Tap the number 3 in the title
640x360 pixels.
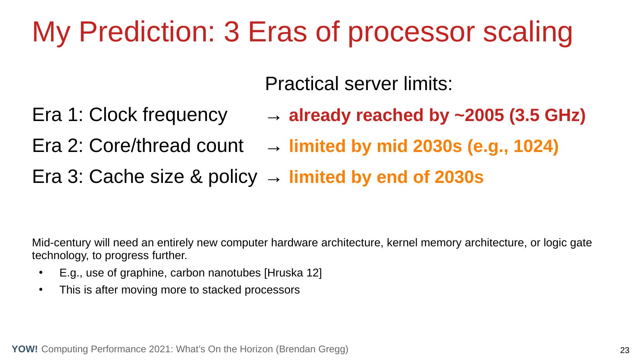point(231,32)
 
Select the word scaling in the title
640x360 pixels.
point(528,33)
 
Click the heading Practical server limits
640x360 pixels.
point(359,84)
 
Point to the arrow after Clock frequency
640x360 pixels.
point(274,117)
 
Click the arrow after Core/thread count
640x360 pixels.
point(274,148)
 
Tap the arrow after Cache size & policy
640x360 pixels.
point(274,179)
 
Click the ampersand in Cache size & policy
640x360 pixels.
point(196,177)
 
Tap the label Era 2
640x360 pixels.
point(57,146)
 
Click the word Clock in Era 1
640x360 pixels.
point(113,115)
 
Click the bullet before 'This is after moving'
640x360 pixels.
point(41,290)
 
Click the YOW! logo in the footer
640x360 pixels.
point(25,349)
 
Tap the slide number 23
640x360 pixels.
point(625,350)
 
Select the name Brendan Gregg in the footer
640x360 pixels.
point(312,350)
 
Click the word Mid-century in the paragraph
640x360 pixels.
point(62,243)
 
